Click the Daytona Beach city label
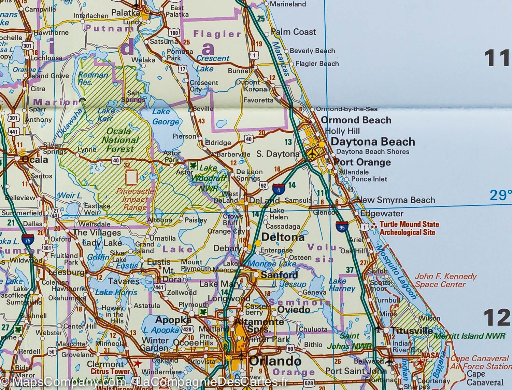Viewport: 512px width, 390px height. point(373,142)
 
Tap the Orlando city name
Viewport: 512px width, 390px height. point(275,361)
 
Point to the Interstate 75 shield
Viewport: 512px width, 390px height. point(26,239)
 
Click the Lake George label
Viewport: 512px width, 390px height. point(166,117)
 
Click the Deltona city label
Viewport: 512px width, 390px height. point(283,237)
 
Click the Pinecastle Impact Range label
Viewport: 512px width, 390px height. point(135,199)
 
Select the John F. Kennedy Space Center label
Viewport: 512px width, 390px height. point(445,280)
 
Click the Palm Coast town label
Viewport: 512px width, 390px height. point(294,32)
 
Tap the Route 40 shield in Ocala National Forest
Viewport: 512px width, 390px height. point(116,160)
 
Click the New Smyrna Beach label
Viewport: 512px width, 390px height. point(395,200)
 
